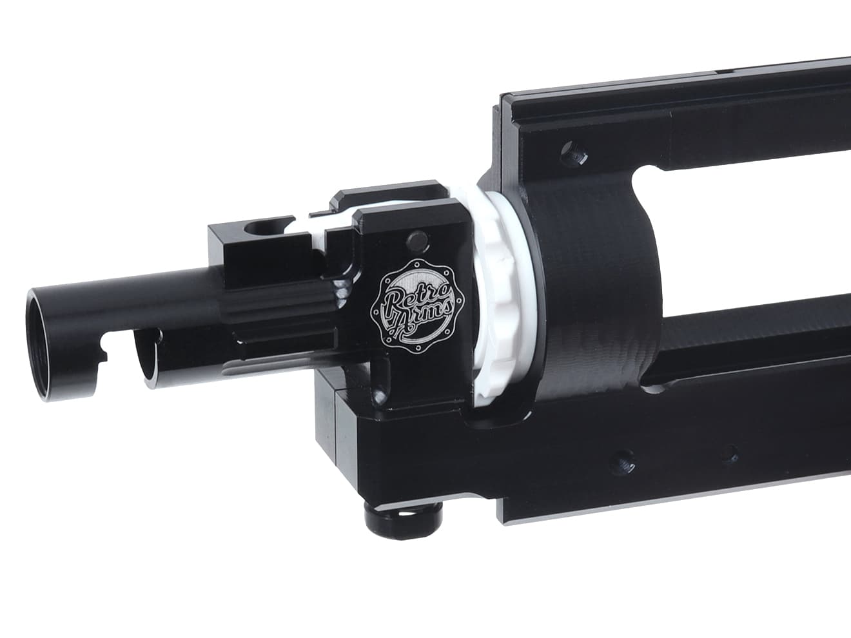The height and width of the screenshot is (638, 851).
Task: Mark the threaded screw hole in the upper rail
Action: [574, 153]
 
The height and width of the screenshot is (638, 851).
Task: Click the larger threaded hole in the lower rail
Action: [624, 462]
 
